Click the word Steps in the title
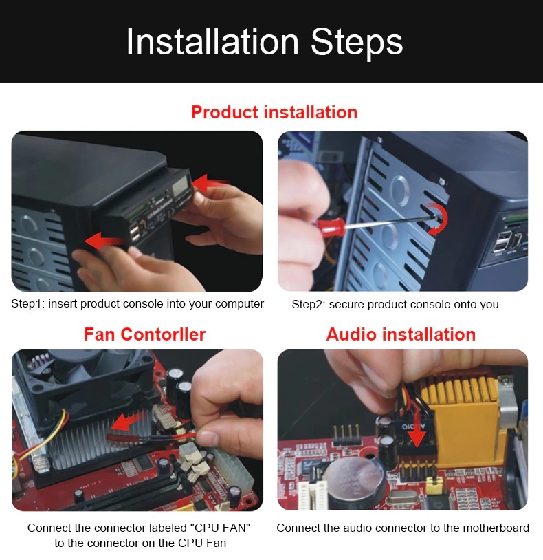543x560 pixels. point(357,43)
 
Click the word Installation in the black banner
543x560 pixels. point(212,42)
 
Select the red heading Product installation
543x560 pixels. point(274,112)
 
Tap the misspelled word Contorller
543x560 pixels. point(163,334)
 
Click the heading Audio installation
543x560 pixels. point(401,334)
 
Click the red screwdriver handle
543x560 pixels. point(330,228)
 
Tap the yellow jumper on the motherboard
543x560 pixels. point(434,486)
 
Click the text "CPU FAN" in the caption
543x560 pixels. point(220,528)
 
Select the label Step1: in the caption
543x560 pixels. point(27,304)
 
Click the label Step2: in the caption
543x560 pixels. point(309,305)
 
